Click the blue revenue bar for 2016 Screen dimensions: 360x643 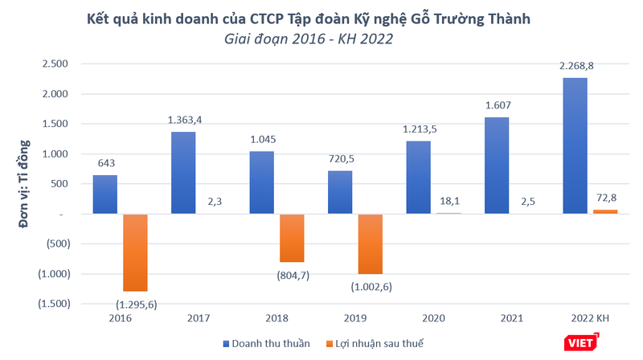pyautogui.click(x=105, y=194)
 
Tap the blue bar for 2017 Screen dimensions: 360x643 pyautogui.click(x=183, y=173)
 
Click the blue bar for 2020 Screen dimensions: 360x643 pyautogui.click(x=418, y=178)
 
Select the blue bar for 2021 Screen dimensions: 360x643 pyautogui.click(x=496, y=166)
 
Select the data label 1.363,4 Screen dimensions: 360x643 pyautogui.click(x=186, y=121)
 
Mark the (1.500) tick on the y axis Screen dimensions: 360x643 pyautogui.click(x=52, y=304)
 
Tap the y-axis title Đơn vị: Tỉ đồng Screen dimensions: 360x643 pyautogui.click(x=24, y=184)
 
